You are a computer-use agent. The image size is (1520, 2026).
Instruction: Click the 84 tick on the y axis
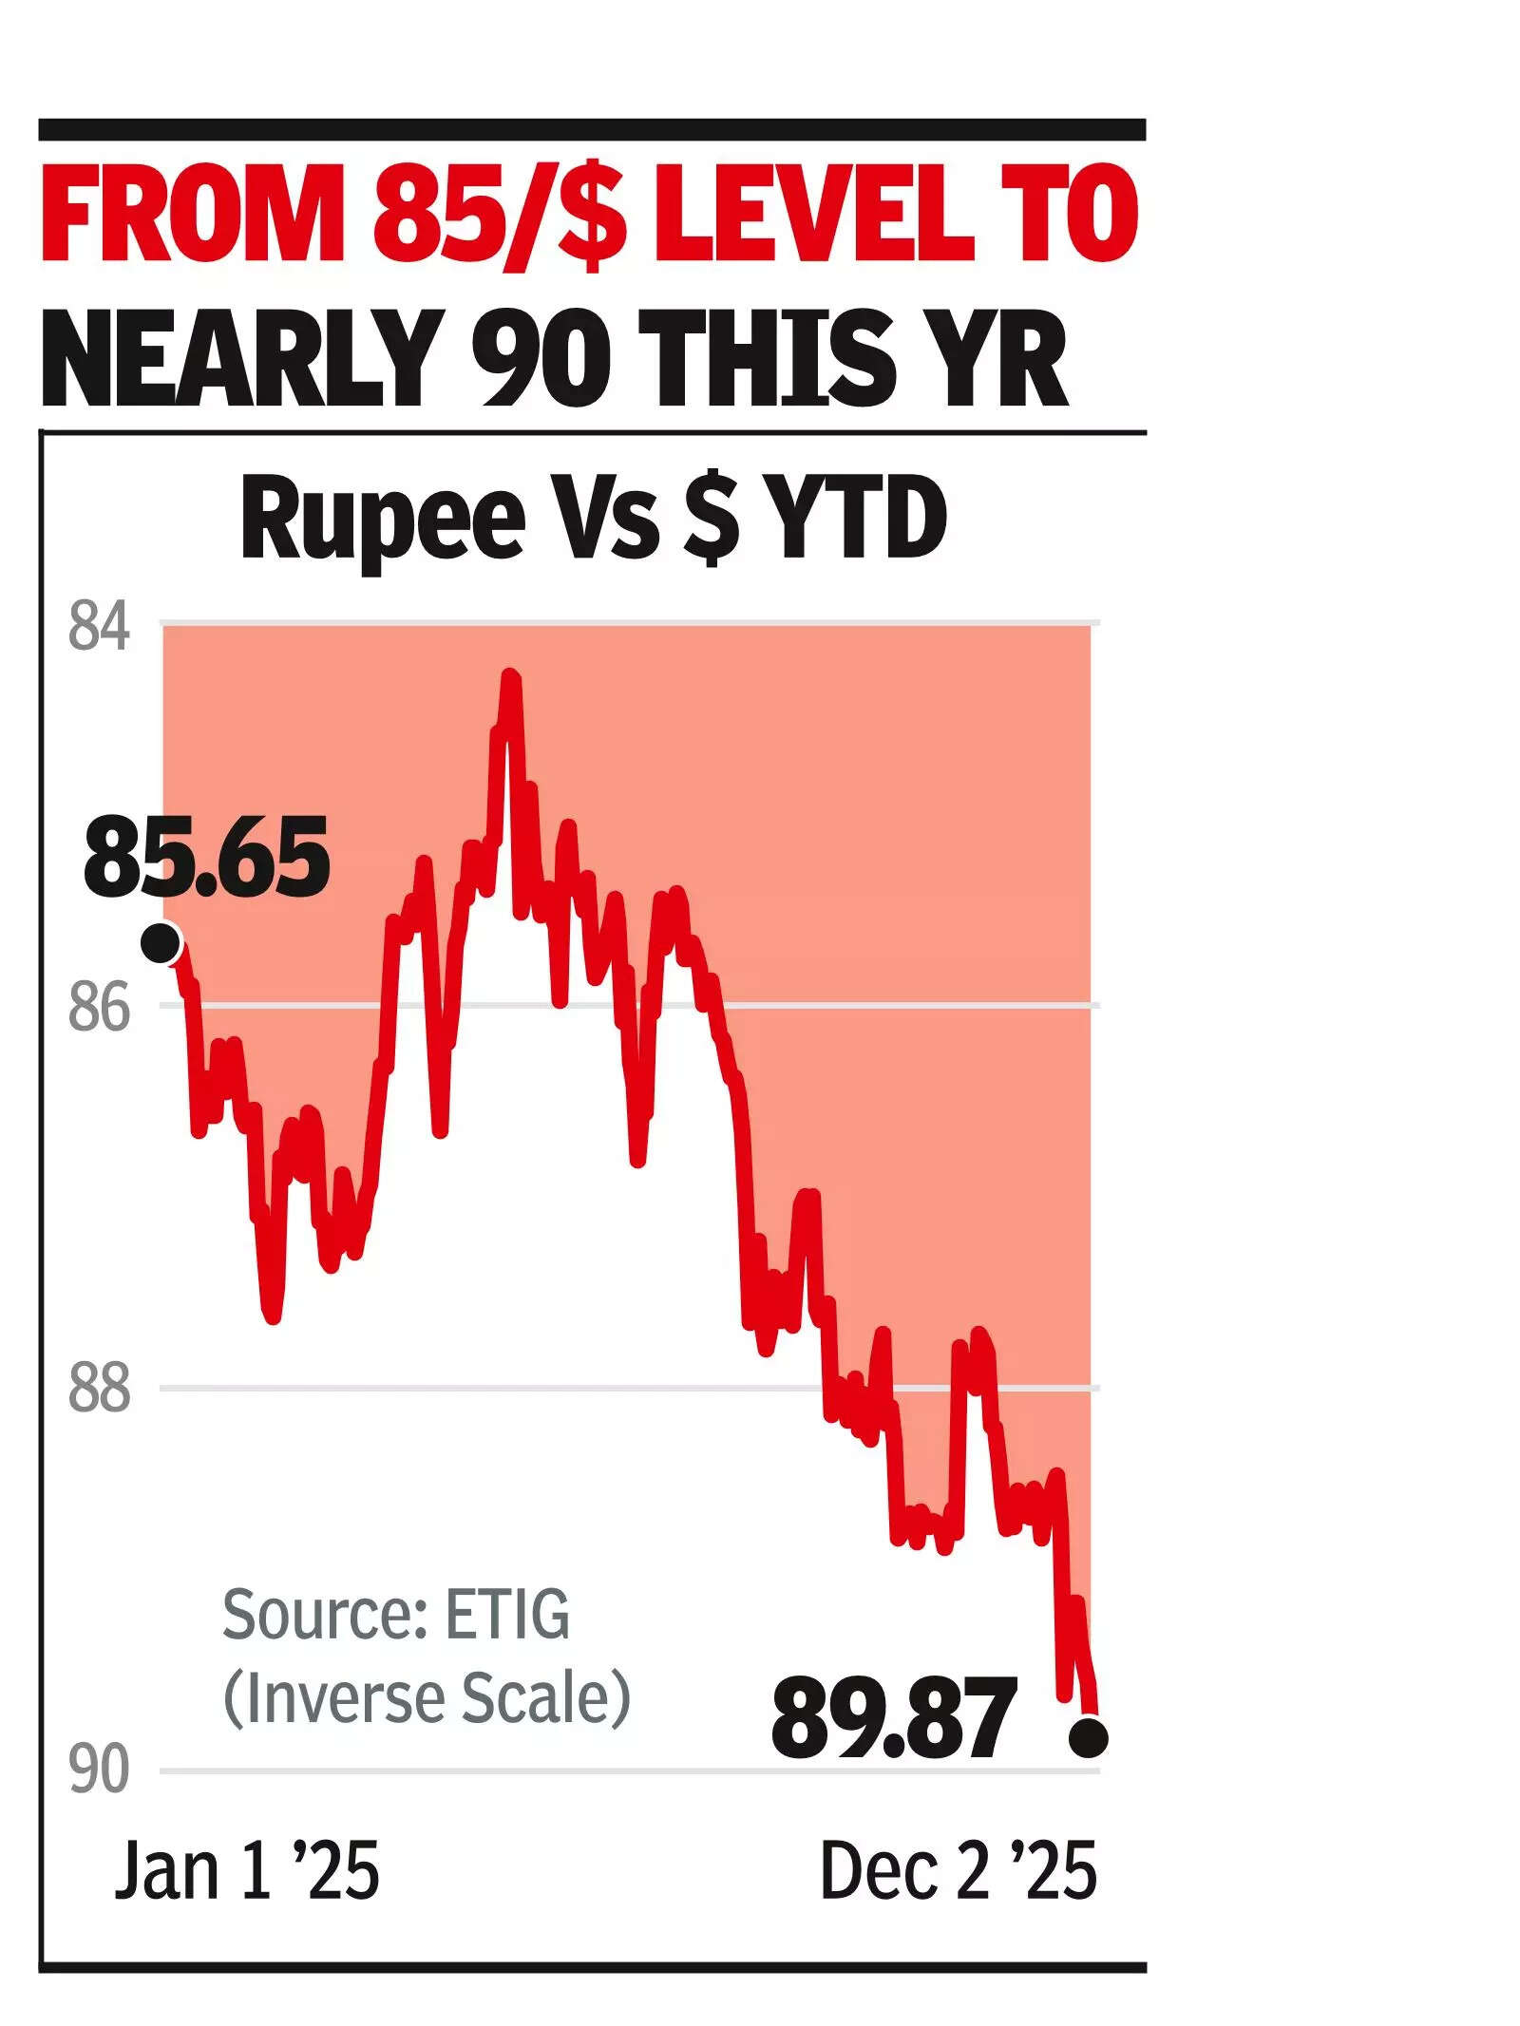point(99,628)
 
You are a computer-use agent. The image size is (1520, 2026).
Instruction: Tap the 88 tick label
point(99,1390)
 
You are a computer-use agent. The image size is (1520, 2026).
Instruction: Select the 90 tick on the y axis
point(99,1771)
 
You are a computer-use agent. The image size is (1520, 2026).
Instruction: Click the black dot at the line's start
point(161,944)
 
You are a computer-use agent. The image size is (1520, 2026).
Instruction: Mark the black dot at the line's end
point(1088,1738)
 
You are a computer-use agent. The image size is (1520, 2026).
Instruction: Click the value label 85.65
point(206,858)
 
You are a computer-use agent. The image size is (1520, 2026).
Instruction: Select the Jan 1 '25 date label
point(247,1870)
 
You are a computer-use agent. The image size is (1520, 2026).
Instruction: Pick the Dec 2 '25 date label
point(958,1870)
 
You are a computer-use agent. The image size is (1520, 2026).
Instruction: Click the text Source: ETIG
point(396,1614)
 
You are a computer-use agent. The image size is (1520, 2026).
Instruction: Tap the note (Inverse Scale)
point(427,1696)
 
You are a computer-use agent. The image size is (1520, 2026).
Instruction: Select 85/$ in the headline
point(500,215)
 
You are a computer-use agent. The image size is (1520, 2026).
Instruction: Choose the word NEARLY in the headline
point(243,359)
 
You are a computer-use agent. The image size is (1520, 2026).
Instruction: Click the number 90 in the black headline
point(541,359)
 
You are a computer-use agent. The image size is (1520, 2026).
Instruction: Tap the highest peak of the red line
point(511,676)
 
